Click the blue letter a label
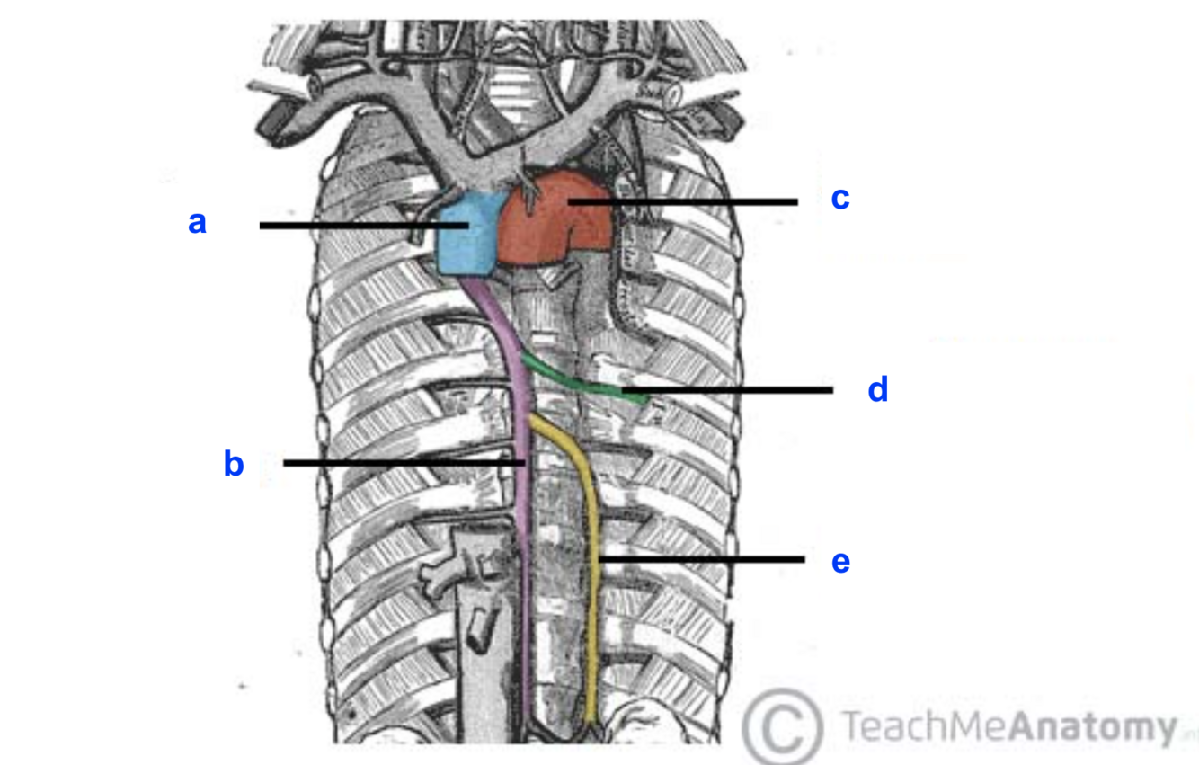197,222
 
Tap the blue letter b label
234,464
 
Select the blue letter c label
839,199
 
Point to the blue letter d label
877,390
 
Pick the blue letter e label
840,562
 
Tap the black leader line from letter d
737,390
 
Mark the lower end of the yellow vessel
591,719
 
